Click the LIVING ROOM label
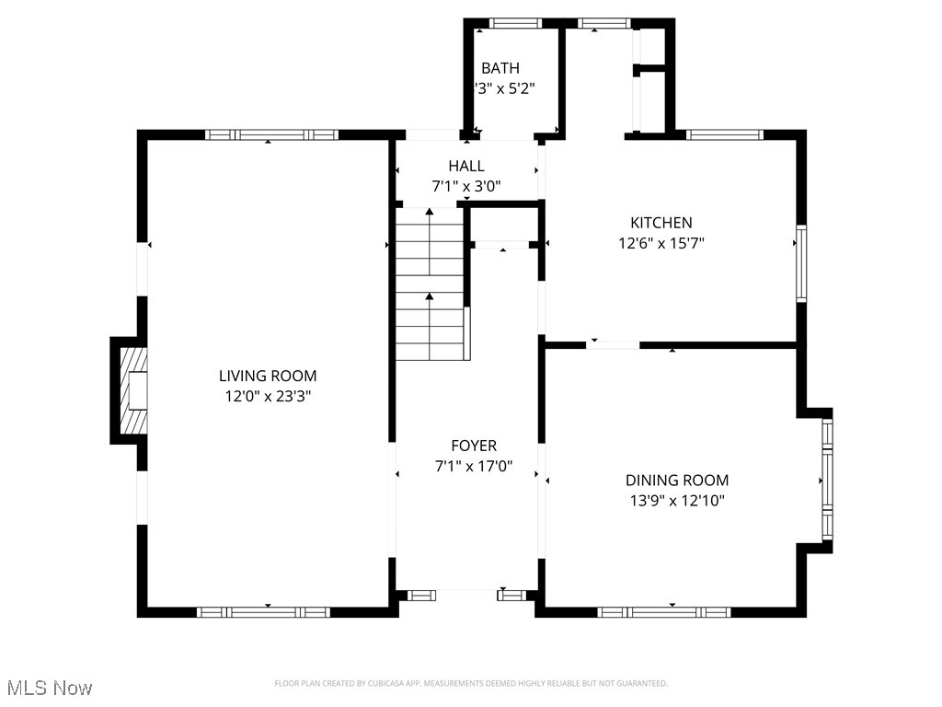click(x=268, y=376)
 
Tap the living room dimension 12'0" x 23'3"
click(x=268, y=396)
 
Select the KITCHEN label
click(x=661, y=223)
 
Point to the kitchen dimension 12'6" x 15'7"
click(x=661, y=243)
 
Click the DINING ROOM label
click(x=677, y=481)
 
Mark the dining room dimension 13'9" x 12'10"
click(x=677, y=501)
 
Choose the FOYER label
click(x=474, y=446)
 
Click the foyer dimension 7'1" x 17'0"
click(x=474, y=467)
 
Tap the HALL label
click(x=466, y=166)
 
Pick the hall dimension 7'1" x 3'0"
click(x=466, y=186)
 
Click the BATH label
click(x=500, y=68)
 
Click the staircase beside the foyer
click(x=431, y=285)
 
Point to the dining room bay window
click(x=826, y=480)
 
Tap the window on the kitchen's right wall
click(x=801, y=263)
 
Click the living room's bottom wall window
click(x=264, y=611)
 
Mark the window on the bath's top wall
click(x=516, y=23)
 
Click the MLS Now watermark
click(x=50, y=688)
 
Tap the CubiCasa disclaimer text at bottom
click(x=471, y=683)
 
